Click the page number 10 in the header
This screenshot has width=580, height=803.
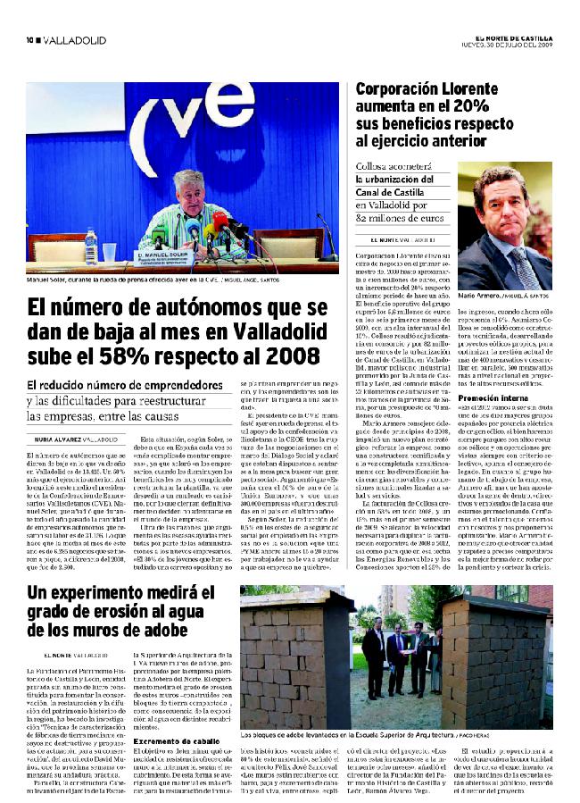coord(29,40)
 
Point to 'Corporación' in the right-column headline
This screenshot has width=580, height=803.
coord(407,90)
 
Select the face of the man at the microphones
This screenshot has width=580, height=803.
coord(191,189)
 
